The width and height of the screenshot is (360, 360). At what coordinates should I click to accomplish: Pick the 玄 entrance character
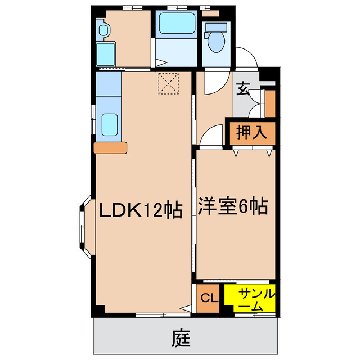point(242,88)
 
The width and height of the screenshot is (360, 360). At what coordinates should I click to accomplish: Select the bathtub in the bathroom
point(175,24)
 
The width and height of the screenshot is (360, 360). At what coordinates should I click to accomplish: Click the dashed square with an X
point(167,84)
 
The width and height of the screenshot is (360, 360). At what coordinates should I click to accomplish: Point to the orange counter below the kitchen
point(111,147)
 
